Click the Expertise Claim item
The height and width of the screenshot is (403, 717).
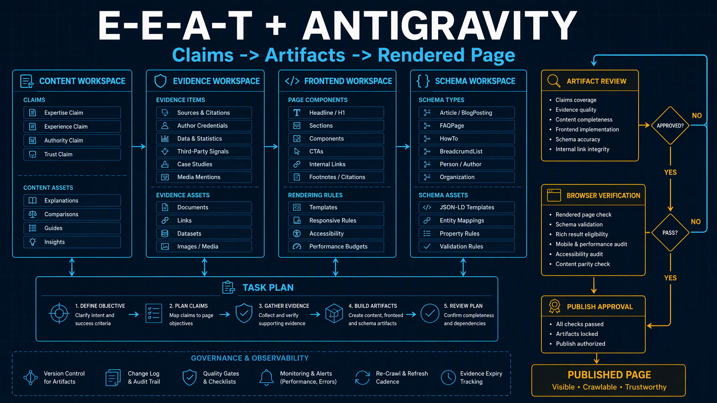pyautogui.click(x=72, y=113)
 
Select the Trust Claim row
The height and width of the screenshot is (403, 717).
pyautogui.click(x=72, y=154)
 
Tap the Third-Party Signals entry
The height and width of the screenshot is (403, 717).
pyautogui.click(x=204, y=152)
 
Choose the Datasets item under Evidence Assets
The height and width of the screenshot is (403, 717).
pyautogui.click(x=204, y=233)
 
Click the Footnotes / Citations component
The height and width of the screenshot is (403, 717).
pyautogui.click(x=336, y=177)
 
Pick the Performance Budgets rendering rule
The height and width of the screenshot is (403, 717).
pyautogui.click(x=336, y=247)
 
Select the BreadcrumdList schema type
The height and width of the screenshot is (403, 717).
pyautogui.click(x=467, y=152)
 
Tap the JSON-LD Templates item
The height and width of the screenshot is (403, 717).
pyautogui.click(x=467, y=207)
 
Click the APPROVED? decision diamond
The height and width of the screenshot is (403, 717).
pyautogui.click(x=670, y=126)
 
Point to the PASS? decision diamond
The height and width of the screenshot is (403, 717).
pyautogui.click(x=670, y=233)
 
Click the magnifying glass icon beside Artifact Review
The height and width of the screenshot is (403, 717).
pyautogui.click(x=554, y=81)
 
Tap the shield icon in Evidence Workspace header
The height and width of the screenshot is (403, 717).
pyautogui.click(x=160, y=81)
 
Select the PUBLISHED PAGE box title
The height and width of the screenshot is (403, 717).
pyautogui.click(x=609, y=375)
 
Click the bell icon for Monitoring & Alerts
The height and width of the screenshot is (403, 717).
pyautogui.click(x=266, y=377)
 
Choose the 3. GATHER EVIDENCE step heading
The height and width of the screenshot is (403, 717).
pyautogui.click(x=284, y=306)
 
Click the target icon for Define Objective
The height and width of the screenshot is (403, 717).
pyautogui.click(x=59, y=313)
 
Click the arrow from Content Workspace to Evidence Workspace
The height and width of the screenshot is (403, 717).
pyautogui.click(x=139, y=147)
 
